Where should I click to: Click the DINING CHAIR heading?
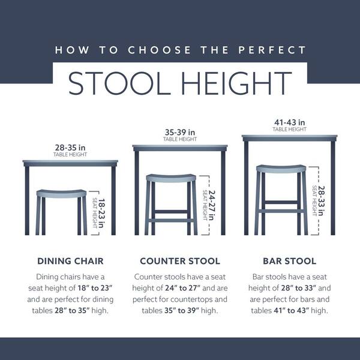pos(71,261)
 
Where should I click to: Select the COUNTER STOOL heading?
pos(179,261)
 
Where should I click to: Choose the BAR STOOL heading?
pos(289,261)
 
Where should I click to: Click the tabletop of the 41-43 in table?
pos(289,138)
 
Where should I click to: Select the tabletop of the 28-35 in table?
pos(71,163)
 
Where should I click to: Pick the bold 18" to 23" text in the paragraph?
pos(84,287)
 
